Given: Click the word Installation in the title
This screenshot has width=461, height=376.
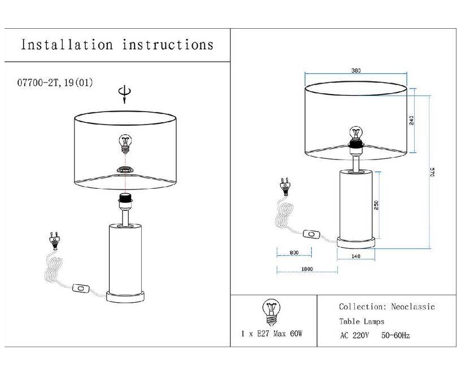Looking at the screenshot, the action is (x=67, y=45).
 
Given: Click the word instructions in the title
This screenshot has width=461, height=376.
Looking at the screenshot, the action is (x=168, y=45).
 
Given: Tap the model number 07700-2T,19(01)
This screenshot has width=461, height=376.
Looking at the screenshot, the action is (x=55, y=83).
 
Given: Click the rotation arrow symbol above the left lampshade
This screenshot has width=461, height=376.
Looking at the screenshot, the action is (x=125, y=95).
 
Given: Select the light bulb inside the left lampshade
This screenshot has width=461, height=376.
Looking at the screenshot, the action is (x=125, y=144).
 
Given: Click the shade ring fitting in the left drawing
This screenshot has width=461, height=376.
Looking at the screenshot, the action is (x=125, y=170).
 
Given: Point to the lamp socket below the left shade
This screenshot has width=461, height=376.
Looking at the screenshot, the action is (x=125, y=201).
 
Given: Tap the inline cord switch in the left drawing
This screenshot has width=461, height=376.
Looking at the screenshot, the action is (x=80, y=289).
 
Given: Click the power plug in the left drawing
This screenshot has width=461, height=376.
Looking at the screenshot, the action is (x=54, y=241).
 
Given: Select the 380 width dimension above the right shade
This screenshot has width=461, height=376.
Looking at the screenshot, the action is (x=356, y=70).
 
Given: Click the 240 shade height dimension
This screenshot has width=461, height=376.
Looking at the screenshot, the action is (x=411, y=121).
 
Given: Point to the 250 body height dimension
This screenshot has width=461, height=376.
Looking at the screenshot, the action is (x=377, y=205).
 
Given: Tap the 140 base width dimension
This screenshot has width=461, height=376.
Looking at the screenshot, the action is (x=356, y=256).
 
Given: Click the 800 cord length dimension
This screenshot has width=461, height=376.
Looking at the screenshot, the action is (x=294, y=253).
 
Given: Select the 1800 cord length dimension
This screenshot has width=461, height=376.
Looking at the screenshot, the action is (x=307, y=269).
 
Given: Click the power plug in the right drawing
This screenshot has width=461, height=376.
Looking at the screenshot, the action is (x=285, y=186).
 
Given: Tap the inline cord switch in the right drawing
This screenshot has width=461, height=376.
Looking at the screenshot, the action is (x=311, y=235).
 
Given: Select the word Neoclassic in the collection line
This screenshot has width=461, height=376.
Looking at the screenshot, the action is (x=413, y=307).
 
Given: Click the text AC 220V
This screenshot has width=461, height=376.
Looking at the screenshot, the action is (x=354, y=335).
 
